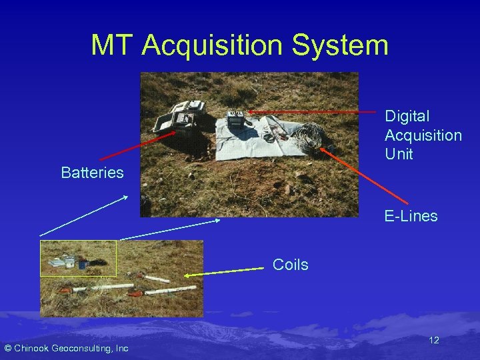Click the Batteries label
(92, 173)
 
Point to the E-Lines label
(411, 216)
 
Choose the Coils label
(290, 265)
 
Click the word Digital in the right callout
(407, 116)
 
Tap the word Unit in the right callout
(399, 154)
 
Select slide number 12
(433, 340)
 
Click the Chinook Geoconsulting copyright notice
(66, 348)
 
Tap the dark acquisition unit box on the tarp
(235, 121)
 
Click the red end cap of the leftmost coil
(65, 291)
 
